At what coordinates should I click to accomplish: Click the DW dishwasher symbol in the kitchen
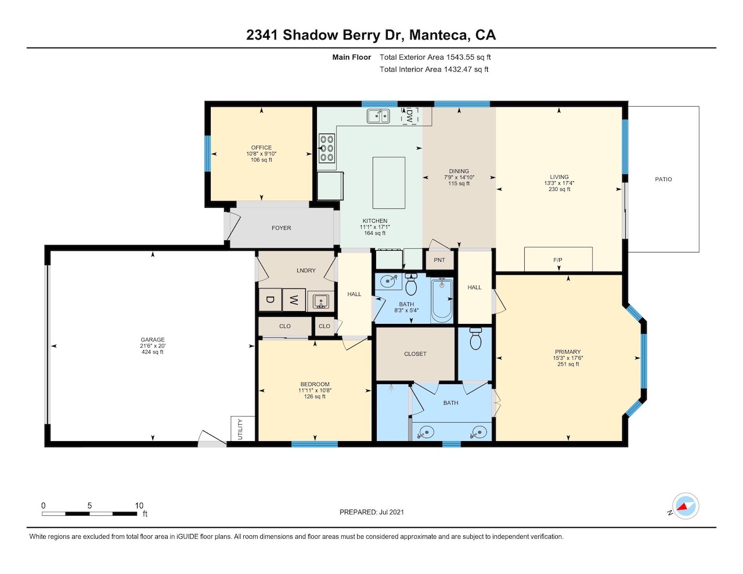point(409,116)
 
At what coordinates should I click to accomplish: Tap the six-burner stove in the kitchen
point(327,148)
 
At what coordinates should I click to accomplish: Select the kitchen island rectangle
point(389,183)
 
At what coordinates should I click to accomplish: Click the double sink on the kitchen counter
point(378,116)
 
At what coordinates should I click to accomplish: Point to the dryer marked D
point(270,300)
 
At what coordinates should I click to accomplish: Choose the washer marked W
point(294,300)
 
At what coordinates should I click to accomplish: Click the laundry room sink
point(320,301)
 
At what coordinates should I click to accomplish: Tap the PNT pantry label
point(439,260)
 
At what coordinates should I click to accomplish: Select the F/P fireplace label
point(558,260)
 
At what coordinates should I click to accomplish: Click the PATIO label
point(663,179)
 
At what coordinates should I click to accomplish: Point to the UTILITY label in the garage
point(240,429)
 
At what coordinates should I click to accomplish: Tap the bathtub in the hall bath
point(442,301)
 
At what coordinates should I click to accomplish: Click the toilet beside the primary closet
point(475,338)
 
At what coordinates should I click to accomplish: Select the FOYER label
point(282,228)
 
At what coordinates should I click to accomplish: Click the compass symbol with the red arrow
point(686,506)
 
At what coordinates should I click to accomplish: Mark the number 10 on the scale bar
point(139,506)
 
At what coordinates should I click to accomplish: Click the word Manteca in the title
point(439,35)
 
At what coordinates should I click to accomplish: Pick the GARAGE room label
point(153,340)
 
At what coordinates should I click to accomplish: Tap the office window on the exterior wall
point(207,153)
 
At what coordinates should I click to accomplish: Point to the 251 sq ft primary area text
point(568,364)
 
